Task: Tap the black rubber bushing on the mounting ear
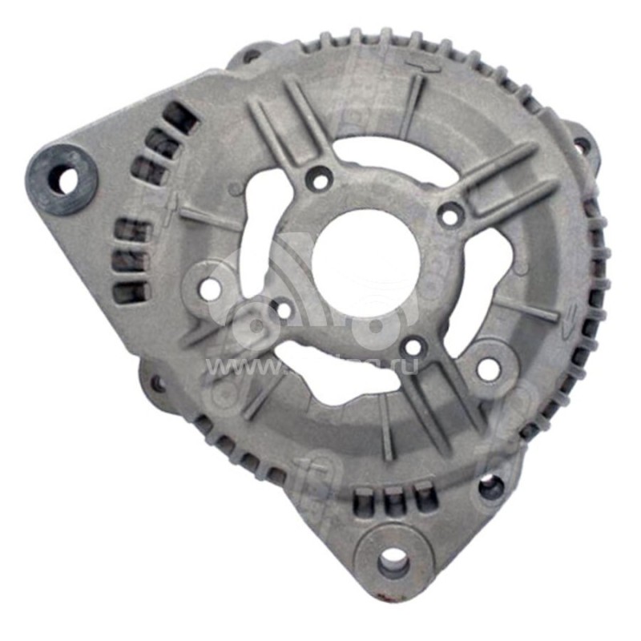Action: [x=62, y=179]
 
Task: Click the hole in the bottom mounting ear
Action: [x=393, y=560]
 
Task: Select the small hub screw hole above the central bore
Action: [x=320, y=179]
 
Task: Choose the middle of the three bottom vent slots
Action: [x=393, y=501]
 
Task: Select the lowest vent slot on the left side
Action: [x=128, y=292]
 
